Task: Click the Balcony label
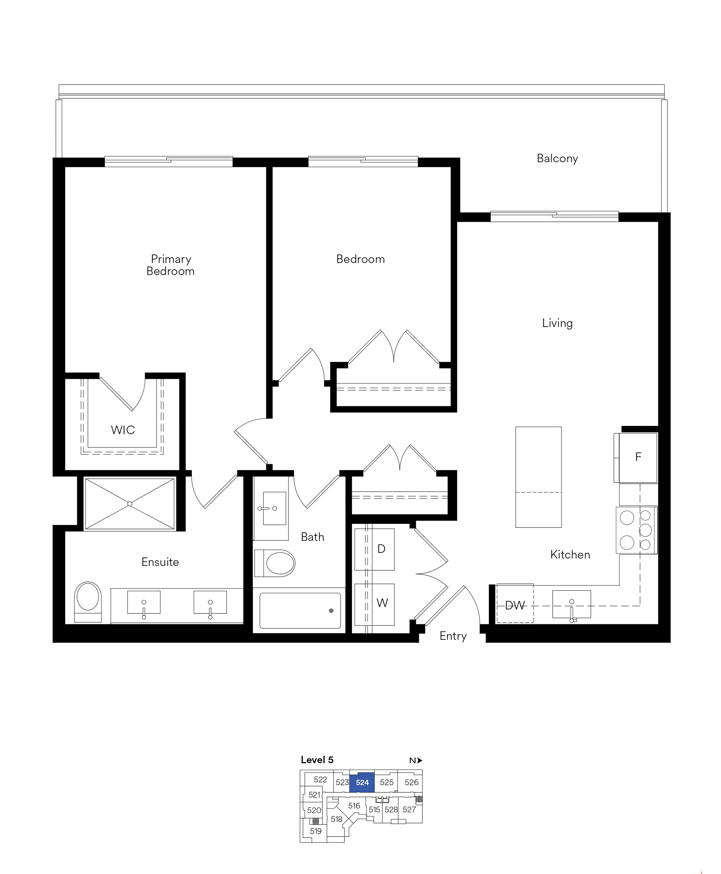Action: [557, 159]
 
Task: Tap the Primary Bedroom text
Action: [171, 265]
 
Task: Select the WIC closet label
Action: [123, 430]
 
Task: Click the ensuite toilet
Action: [88, 602]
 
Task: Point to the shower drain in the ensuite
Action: [130, 504]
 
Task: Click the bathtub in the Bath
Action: [300, 610]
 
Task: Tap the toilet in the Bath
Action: [275, 563]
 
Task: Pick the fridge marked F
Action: [635, 458]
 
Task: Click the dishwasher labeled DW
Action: [515, 605]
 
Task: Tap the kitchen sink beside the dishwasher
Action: [572, 605]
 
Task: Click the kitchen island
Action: [538, 477]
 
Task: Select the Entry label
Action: [453, 636]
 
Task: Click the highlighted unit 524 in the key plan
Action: [362, 783]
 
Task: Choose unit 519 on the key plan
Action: [316, 831]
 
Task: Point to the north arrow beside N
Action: [420, 760]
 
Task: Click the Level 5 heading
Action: [317, 760]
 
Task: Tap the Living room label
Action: [557, 323]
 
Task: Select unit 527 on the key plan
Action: [409, 809]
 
